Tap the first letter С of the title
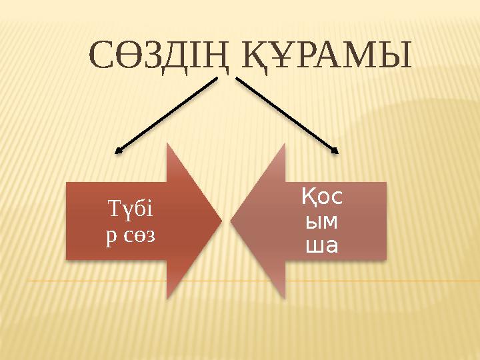[101, 56]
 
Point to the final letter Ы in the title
[396, 56]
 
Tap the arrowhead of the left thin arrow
[119, 152]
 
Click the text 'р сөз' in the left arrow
[131, 235]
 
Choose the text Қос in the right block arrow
[322, 197]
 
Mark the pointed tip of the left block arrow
[221, 221]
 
